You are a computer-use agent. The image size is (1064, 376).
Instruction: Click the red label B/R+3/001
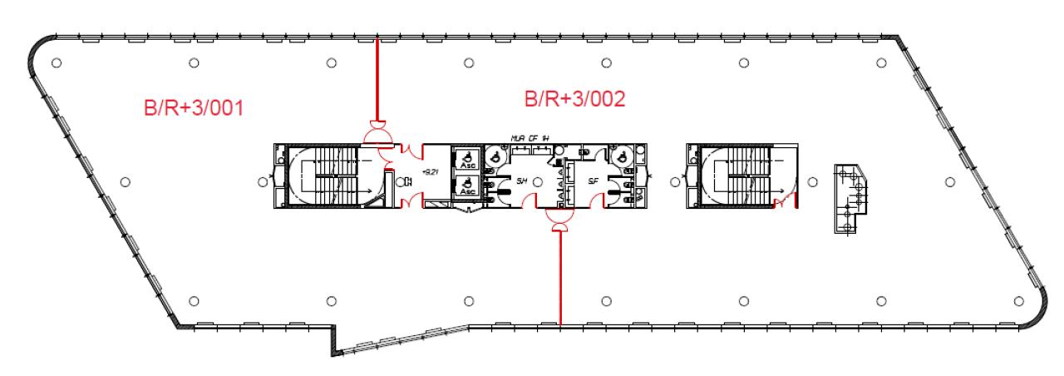tap(194, 107)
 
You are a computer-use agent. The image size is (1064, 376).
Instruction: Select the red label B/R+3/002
tap(574, 99)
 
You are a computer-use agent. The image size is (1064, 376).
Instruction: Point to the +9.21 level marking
tap(429, 174)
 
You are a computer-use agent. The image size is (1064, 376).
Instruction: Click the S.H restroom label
tap(522, 181)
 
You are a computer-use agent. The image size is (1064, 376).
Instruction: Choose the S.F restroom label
tap(593, 181)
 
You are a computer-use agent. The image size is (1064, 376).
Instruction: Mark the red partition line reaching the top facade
tap(377, 79)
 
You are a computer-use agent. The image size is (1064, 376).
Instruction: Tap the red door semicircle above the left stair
tap(377, 133)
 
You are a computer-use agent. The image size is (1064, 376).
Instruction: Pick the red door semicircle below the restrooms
tap(555, 218)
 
